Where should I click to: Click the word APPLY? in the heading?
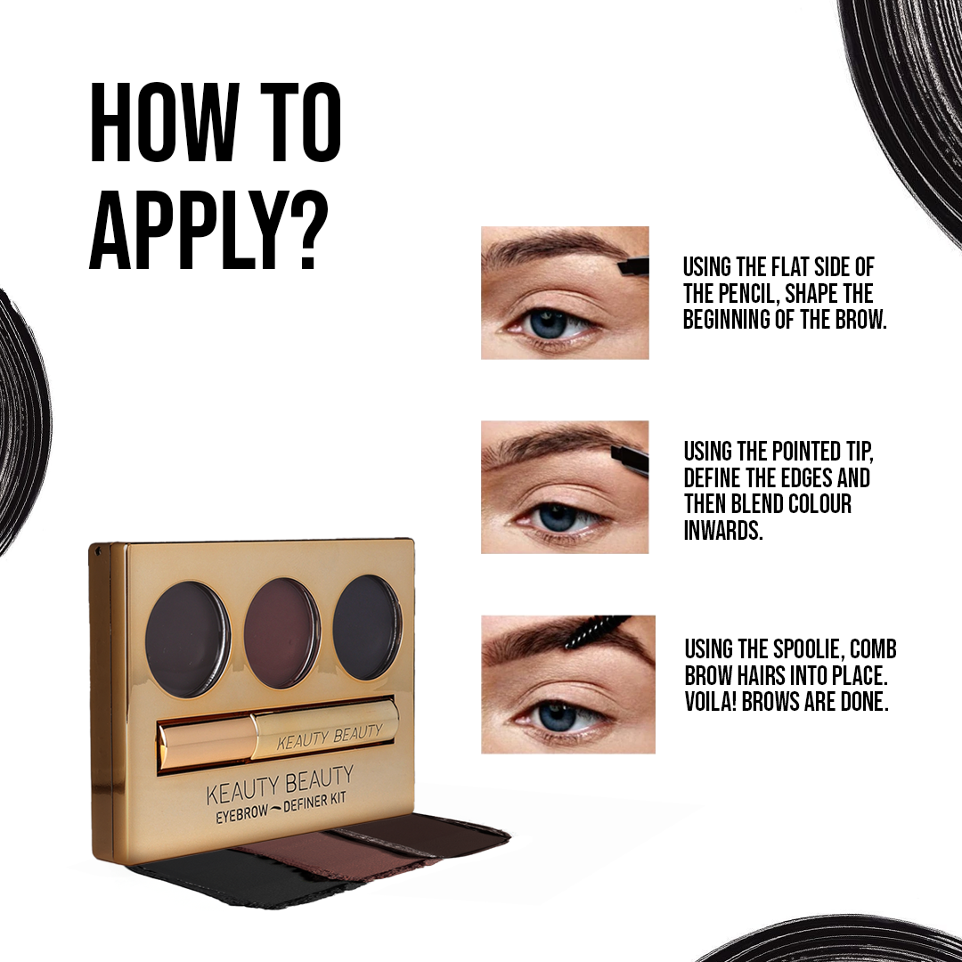click(x=208, y=230)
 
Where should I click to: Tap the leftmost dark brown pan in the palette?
click(x=188, y=639)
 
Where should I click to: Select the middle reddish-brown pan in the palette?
click(x=282, y=632)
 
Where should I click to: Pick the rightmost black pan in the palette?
click(x=367, y=627)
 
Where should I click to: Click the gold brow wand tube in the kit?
click(x=278, y=733)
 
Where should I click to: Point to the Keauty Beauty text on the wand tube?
click(x=330, y=736)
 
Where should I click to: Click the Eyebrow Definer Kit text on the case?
click(x=281, y=807)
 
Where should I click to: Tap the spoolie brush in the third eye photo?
click(x=595, y=632)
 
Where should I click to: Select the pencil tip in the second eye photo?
click(x=630, y=456)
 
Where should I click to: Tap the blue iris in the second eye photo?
click(x=557, y=518)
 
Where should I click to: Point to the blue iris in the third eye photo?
click(x=557, y=715)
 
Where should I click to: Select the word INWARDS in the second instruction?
click(x=723, y=530)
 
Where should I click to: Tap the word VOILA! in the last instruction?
click(x=711, y=701)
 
